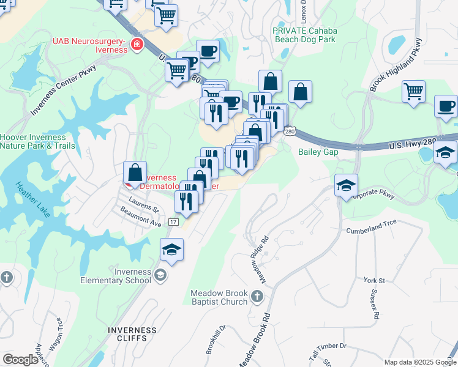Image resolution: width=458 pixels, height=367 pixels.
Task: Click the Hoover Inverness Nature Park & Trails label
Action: point(38,142)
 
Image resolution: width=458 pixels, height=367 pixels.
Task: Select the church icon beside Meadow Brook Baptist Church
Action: point(257,297)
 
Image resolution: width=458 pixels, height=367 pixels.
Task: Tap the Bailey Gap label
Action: point(318,152)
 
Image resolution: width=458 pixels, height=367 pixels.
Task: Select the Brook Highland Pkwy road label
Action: point(396,65)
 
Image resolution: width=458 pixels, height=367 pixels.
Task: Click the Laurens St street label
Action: point(144,204)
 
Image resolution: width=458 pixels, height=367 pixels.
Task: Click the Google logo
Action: point(20,360)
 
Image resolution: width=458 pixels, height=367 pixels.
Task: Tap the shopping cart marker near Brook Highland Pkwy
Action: point(414,92)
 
